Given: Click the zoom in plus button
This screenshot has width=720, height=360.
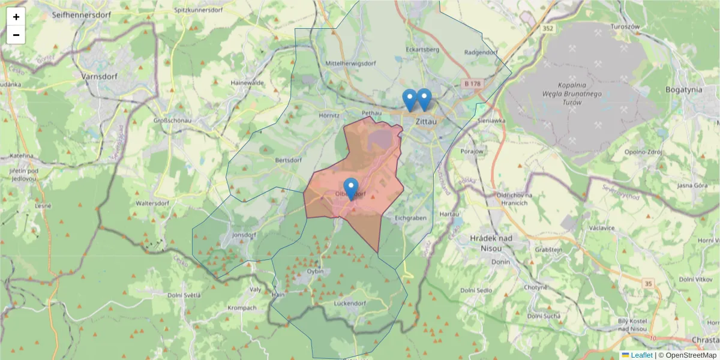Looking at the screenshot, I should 16,17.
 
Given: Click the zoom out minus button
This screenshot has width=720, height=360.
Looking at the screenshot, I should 16,35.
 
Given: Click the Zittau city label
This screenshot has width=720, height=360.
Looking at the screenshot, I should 425,121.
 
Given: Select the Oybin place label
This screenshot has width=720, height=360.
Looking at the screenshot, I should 315,271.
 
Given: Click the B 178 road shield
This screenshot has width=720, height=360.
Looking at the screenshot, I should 472,83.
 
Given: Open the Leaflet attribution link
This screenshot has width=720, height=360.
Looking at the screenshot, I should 641,355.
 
